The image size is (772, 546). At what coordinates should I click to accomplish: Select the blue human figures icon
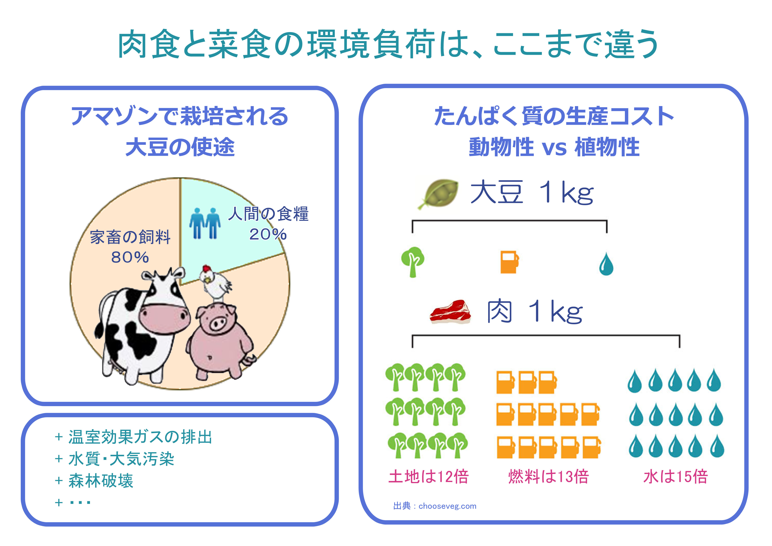[205, 223]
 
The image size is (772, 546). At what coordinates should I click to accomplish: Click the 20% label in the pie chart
[268, 234]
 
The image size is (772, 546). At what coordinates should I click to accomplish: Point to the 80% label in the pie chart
[130, 257]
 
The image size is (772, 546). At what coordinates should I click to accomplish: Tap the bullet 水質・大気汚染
[121, 459]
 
